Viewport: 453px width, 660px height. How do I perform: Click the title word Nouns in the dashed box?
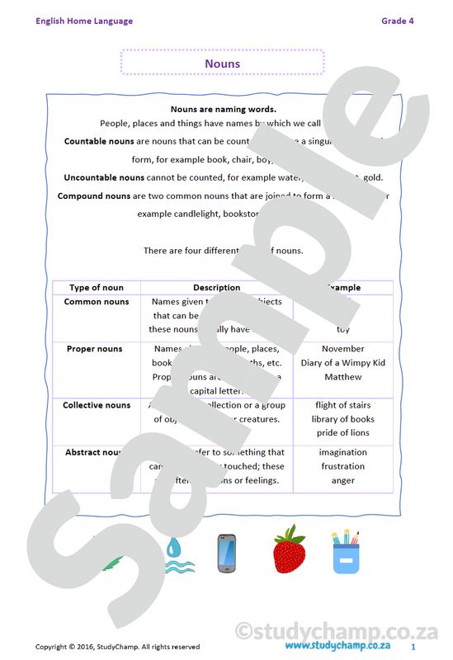coord(222,64)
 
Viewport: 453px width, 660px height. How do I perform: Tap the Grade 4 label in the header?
coord(397,21)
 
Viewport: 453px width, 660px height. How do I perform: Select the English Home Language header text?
coord(83,21)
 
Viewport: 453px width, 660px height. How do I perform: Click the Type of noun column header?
coord(97,288)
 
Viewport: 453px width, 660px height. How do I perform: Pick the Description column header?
coord(216,288)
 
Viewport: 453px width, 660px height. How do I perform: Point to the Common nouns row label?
coord(97,302)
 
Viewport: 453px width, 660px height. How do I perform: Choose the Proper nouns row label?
coord(94,349)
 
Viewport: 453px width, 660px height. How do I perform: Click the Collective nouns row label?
coord(97,405)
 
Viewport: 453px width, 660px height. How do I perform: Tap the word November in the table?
coord(342,349)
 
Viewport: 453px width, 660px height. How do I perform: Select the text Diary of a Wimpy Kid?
coord(342,363)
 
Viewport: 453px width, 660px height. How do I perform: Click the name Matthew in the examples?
coord(342,377)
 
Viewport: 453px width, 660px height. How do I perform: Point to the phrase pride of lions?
coord(342,433)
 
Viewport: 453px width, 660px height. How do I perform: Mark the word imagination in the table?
coord(342,452)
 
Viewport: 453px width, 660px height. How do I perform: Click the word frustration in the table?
coord(342,466)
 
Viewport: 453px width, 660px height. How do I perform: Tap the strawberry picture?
coord(289,549)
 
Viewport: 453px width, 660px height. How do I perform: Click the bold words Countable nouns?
coord(98,141)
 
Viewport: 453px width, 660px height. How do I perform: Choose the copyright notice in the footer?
coord(117,647)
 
